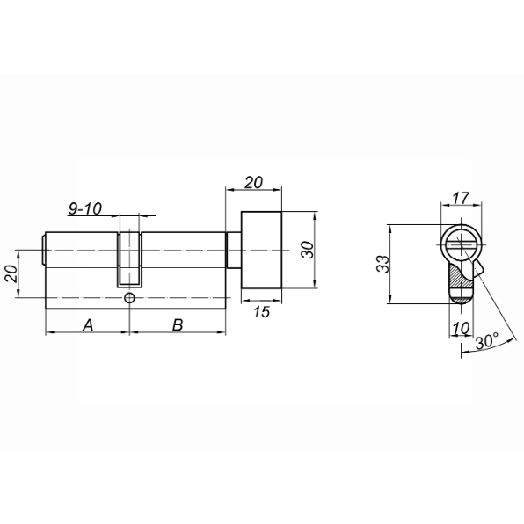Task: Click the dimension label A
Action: click(x=88, y=324)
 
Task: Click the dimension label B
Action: click(x=178, y=324)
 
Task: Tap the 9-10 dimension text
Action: click(x=85, y=209)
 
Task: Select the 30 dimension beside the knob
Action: click(x=308, y=250)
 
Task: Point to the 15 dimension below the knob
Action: click(x=261, y=312)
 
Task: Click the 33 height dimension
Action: click(x=383, y=264)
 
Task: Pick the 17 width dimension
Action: click(x=461, y=198)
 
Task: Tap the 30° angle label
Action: click(x=486, y=341)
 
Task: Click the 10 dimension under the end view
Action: click(x=462, y=328)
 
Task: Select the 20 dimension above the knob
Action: click(x=253, y=183)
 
